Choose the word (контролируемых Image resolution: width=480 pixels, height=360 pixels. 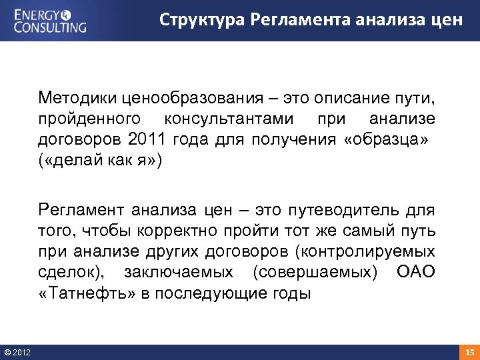(366, 252)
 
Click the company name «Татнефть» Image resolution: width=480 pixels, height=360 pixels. (86, 293)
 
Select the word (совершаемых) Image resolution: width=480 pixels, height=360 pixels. (314, 273)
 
